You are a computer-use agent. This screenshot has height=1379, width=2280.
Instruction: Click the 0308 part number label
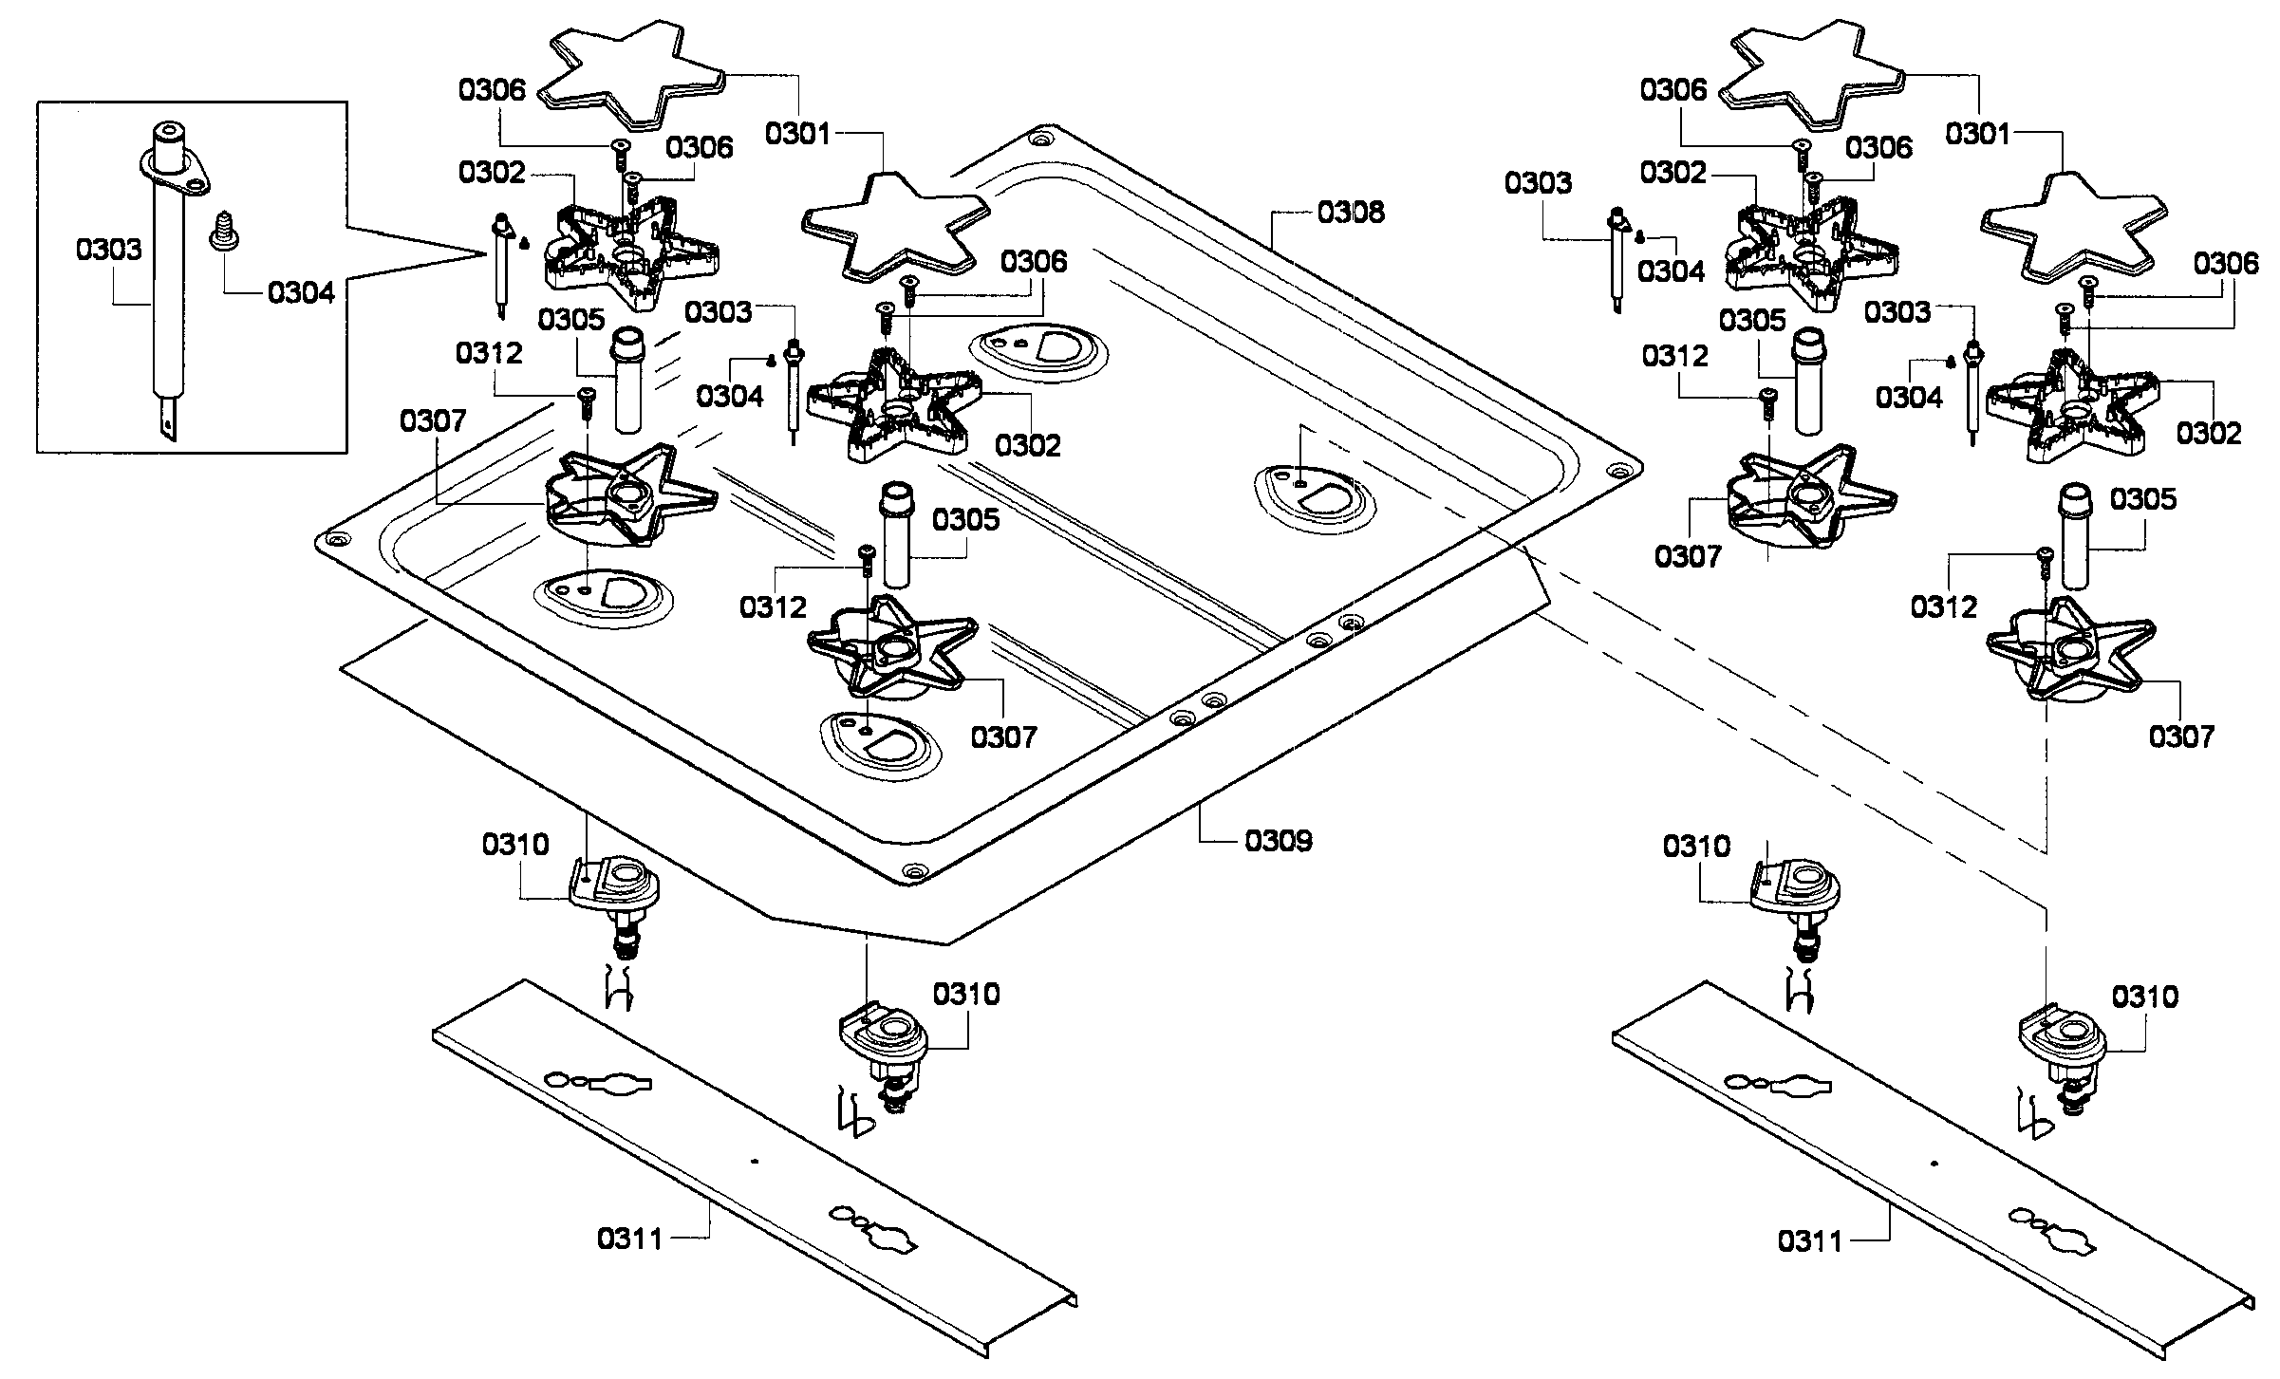click(x=1351, y=212)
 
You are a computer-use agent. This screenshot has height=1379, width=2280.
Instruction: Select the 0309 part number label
click(x=1279, y=840)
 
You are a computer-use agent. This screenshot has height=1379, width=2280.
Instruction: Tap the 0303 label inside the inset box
click(x=109, y=250)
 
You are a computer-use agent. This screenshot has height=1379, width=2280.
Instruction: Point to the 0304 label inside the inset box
click(x=301, y=292)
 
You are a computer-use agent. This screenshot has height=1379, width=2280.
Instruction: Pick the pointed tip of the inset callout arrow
click(x=486, y=252)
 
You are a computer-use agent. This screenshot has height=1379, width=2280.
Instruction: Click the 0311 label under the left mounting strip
click(x=631, y=1238)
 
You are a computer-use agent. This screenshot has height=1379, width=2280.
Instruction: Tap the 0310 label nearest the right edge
click(x=2145, y=997)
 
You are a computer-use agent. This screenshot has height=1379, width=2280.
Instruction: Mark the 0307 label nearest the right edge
click(x=2181, y=736)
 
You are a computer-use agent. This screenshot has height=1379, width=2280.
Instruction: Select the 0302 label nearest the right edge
click(x=2209, y=433)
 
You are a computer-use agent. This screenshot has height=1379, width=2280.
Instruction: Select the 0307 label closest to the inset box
click(x=433, y=420)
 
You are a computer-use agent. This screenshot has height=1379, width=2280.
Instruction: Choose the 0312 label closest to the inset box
click(x=489, y=353)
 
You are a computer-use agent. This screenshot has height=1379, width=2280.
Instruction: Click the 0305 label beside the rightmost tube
click(x=2143, y=498)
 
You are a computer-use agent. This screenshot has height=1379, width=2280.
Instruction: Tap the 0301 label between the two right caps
click(x=1978, y=134)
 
